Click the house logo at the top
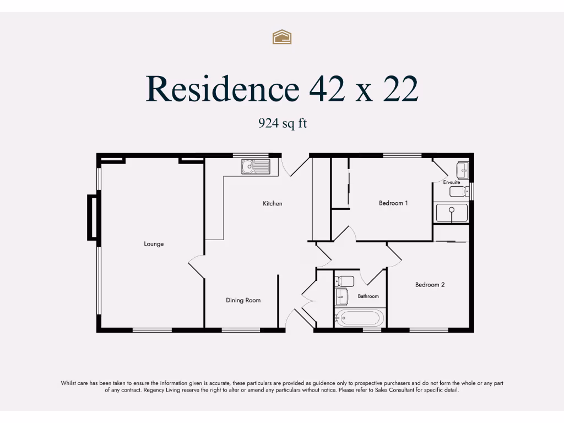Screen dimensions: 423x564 pos(282,37)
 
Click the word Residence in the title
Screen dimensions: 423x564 pos(222,89)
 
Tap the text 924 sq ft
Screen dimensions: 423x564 pos(283,123)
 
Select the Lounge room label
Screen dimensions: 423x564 pos(154,244)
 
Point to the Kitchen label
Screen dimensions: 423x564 pos(272,204)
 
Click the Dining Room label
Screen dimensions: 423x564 pos(243,300)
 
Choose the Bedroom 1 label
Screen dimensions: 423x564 pos(393,203)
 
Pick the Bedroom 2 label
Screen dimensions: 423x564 pos(430,285)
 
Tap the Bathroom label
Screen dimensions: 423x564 pos(368,296)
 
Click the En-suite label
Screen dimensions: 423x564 pos(452,182)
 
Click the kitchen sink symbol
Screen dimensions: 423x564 pos(256,165)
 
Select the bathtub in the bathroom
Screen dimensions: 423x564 pos(359,318)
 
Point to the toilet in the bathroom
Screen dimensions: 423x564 pos(344,281)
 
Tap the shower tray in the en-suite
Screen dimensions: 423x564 pos(451,213)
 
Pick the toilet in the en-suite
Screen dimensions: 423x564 pos(459,192)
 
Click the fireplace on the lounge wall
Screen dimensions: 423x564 pos(93,217)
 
